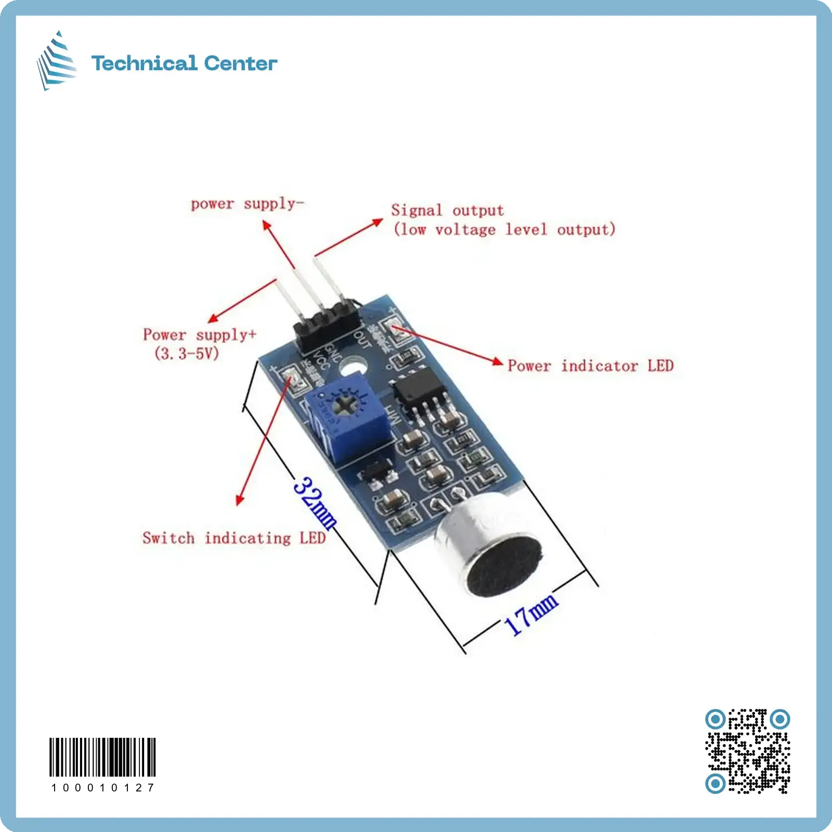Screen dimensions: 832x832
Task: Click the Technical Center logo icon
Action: tap(56, 61)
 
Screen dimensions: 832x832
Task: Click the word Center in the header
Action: tap(240, 63)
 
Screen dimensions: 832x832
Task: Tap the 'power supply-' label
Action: tap(247, 204)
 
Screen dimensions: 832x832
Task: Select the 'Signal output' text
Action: tap(447, 211)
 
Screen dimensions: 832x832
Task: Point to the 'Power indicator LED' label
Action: tap(590, 366)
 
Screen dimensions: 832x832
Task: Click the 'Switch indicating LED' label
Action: tap(234, 538)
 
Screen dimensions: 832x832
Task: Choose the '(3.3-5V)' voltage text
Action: tap(187, 354)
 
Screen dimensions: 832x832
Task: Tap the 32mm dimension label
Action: tap(315, 502)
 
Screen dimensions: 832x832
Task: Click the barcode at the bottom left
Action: tap(102, 757)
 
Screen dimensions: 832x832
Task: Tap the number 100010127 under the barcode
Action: tap(102, 788)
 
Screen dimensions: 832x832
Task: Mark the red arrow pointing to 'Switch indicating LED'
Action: tap(263, 442)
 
